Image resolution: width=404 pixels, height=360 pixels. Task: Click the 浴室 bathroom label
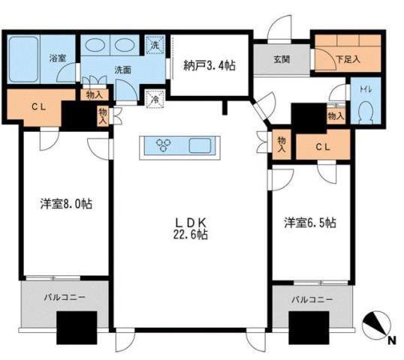click(x=57, y=57)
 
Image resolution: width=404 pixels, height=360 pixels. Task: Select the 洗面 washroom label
click(x=122, y=70)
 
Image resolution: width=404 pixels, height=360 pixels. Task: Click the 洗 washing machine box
click(x=155, y=44)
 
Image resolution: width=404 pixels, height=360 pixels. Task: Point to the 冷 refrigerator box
click(x=155, y=98)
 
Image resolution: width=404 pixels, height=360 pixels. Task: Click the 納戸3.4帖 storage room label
click(x=210, y=66)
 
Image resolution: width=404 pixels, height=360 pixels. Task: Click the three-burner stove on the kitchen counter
click(x=164, y=145)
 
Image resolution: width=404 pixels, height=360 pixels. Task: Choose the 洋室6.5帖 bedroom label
click(x=309, y=223)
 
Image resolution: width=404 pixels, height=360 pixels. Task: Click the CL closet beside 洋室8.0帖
click(x=35, y=106)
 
